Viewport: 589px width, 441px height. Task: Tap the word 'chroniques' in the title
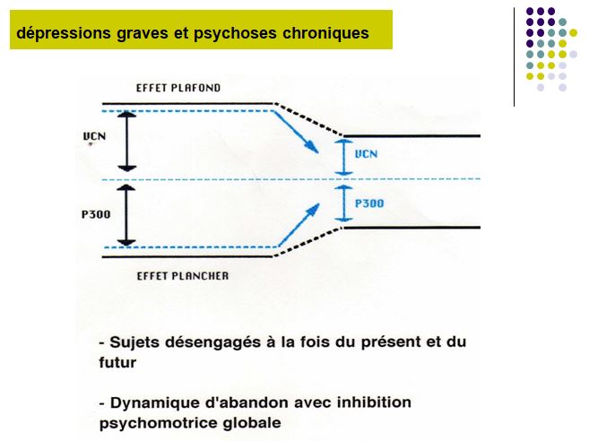click(x=325, y=33)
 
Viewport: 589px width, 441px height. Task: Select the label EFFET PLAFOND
click(x=178, y=88)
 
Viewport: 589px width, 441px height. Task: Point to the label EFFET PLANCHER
click(x=183, y=276)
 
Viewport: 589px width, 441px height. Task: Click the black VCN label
click(x=94, y=136)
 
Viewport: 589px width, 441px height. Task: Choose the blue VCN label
click(x=367, y=154)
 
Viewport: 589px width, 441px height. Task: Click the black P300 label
click(x=96, y=214)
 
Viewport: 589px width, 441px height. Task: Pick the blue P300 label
click(x=369, y=203)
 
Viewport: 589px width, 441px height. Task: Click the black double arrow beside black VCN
click(x=127, y=142)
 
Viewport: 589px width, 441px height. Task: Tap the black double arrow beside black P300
click(x=126, y=215)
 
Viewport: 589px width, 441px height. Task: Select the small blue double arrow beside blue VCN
click(x=343, y=158)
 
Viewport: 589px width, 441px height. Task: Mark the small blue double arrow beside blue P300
click(x=343, y=203)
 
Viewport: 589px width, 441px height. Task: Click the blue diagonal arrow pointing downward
click(x=296, y=133)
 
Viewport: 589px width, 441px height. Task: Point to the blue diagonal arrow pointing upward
click(x=299, y=225)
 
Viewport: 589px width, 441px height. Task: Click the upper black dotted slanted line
click(x=308, y=118)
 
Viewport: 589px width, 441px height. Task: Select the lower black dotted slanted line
click(x=308, y=242)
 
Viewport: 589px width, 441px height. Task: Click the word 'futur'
click(x=117, y=363)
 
